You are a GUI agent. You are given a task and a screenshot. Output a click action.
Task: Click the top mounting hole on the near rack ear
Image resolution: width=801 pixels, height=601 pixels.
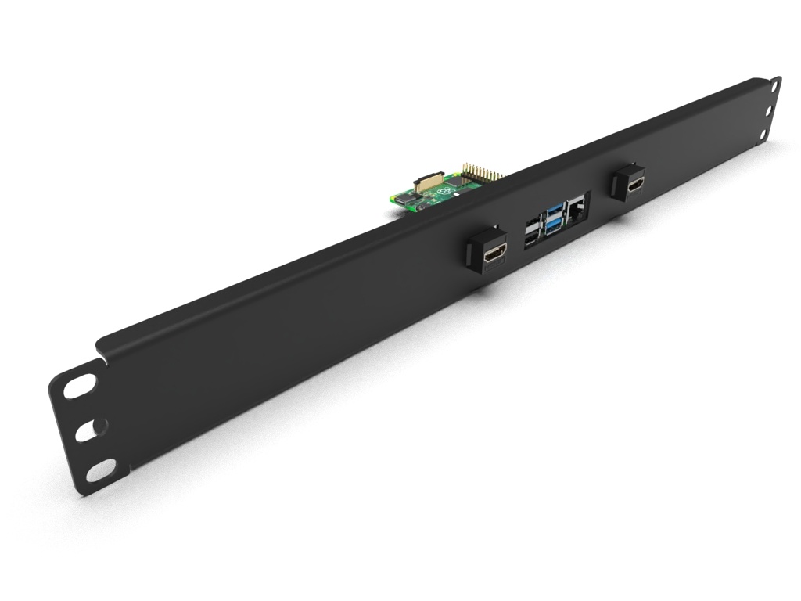point(80,386)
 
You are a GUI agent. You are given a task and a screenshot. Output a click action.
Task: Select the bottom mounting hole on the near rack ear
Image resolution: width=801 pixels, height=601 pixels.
point(101,471)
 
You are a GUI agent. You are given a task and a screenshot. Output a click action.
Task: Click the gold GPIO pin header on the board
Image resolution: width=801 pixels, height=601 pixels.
point(482,173)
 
